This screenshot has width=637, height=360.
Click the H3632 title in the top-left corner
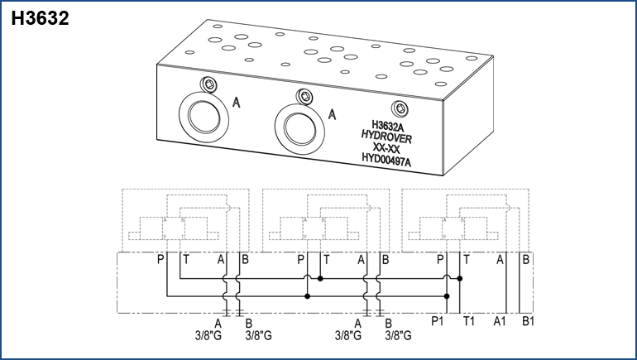coord(40,18)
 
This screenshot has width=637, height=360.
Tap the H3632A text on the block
coord(387,127)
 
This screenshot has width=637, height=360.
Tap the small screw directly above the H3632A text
coord(402,108)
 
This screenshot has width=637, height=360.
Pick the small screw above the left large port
coord(208,85)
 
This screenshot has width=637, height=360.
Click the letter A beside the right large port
coord(333,115)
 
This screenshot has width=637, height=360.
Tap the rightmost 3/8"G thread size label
coord(400,336)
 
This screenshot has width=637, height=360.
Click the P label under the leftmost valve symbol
coord(161,260)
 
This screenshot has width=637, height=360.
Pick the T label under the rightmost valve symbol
coord(467,260)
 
